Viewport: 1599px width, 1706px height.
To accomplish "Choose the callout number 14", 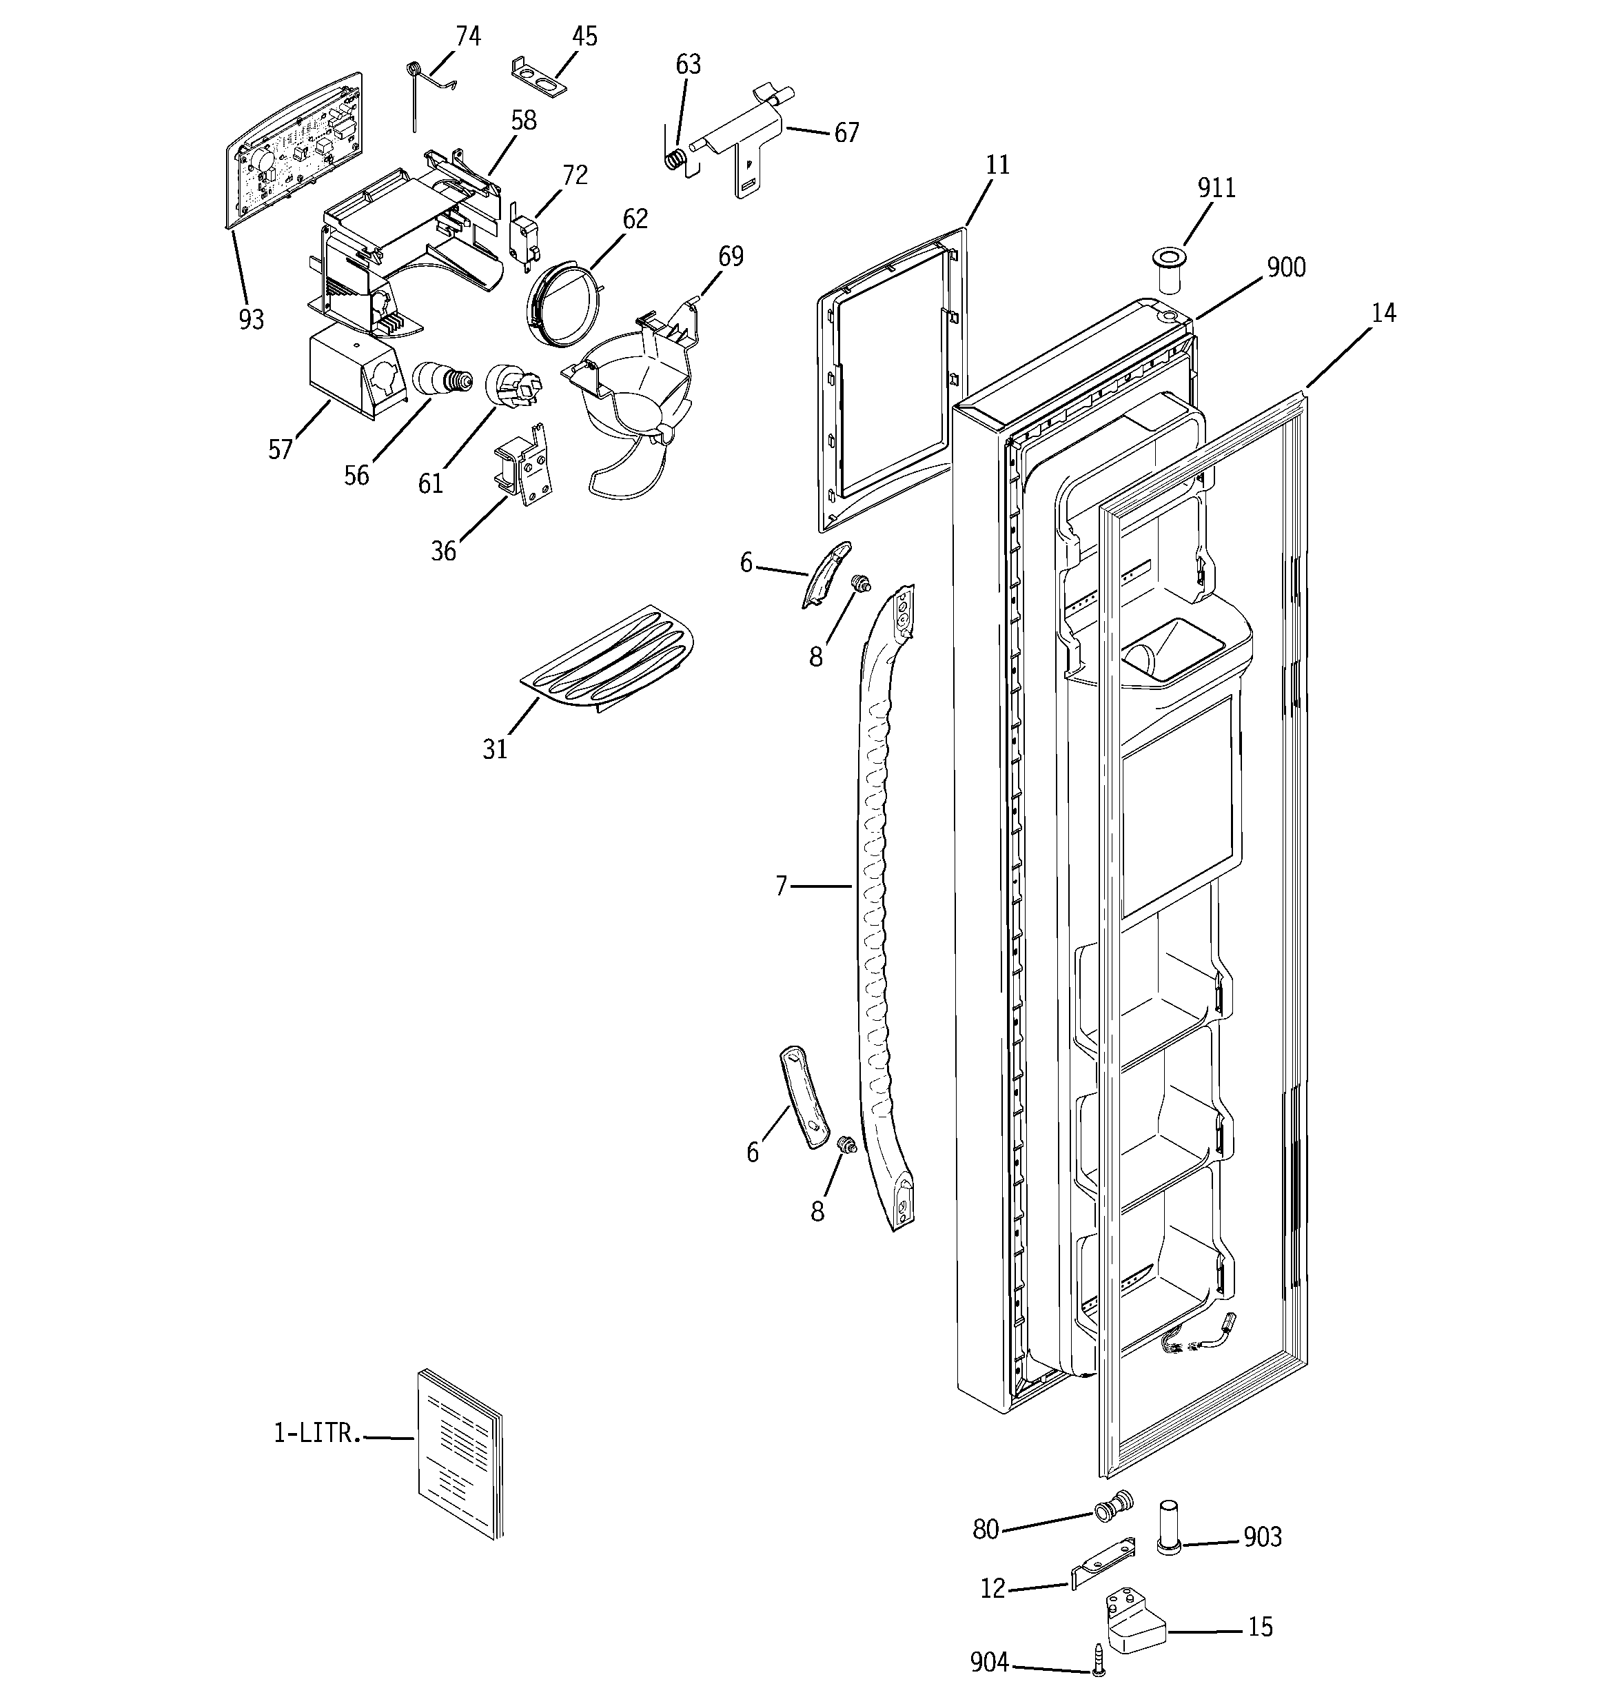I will tap(1383, 313).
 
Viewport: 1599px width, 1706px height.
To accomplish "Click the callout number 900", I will tap(1285, 267).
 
